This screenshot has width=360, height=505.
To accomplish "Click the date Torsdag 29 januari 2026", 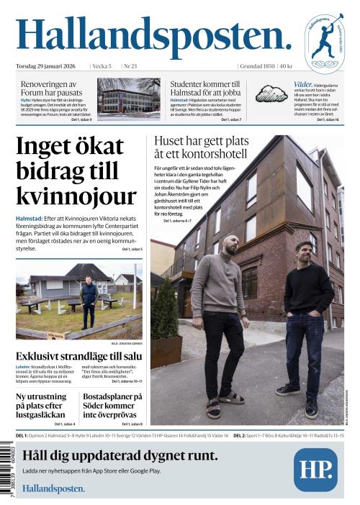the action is coord(48,66).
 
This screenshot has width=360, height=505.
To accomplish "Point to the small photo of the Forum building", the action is coord(130,99).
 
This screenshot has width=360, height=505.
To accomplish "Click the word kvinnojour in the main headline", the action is coord(76,196).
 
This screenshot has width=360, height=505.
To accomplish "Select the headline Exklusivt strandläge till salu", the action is coord(78,355).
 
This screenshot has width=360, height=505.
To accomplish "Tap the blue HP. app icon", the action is coord(315,470).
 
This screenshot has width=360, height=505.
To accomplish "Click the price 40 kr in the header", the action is coord(286,66).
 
